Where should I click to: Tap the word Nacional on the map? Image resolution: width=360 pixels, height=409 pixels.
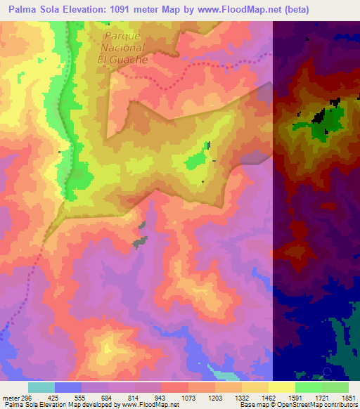pos(122,48)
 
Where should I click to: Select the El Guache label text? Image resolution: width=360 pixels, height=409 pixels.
pos(122,60)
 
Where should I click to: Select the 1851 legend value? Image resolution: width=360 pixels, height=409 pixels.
pos(349,397)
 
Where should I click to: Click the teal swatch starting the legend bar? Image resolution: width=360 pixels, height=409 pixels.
pos(41,387)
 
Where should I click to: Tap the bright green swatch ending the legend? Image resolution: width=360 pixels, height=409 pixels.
pos(335,387)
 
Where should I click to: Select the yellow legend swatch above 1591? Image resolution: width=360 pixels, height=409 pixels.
pos(282,387)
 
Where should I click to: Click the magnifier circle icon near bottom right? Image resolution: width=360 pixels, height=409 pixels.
pos(327,371)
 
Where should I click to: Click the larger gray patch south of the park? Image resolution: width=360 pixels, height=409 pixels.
pos(141,241)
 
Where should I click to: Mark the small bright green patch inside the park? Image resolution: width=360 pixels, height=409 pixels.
pos(207,146)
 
